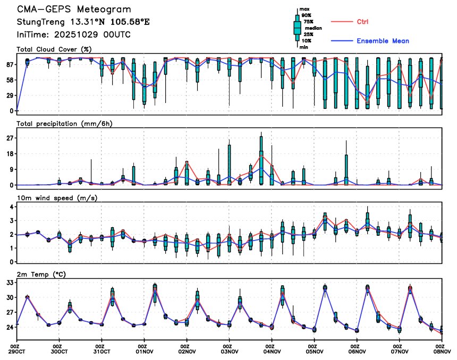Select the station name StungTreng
pyautogui.click(x=38, y=22)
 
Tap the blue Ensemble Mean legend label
pyautogui.click(x=383, y=41)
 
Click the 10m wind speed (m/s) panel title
pyautogui.click(x=59, y=198)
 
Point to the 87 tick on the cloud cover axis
pyautogui.click(x=9, y=64)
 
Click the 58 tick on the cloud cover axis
pyautogui.click(x=9, y=80)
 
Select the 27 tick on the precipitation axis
pyautogui.click(x=9, y=138)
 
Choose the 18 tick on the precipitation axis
pyautogui.click(x=9, y=153)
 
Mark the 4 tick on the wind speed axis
pyautogui.click(x=11, y=207)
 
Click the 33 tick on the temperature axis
pyautogui.click(x=9, y=282)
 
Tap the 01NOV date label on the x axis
pyautogui.click(x=144, y=352)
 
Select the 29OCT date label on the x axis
pyautogui.click(x=17, y=352)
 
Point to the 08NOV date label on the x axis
pyautogui.click(x=442, y=352)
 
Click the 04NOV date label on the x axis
pyautogui.click(x=272, y=352)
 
